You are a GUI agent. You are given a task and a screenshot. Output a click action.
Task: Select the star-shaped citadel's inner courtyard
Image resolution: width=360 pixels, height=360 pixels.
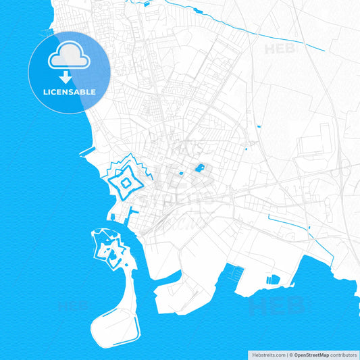pyautogui.click(x=125, y=182)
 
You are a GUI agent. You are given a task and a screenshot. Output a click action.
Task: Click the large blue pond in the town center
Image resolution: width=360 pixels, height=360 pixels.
pyautogui.click(x=200, y=168)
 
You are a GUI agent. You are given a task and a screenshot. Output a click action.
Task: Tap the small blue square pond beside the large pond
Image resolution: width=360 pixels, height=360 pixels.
pyautogui.click(x=182, y=174)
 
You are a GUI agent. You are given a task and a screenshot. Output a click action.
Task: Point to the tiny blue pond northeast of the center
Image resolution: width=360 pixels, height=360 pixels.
pyautogui.click(x=258, y=126)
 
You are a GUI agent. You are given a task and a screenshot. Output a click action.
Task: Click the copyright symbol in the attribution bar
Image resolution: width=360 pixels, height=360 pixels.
pyautogui.click(x=291, y=354)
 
